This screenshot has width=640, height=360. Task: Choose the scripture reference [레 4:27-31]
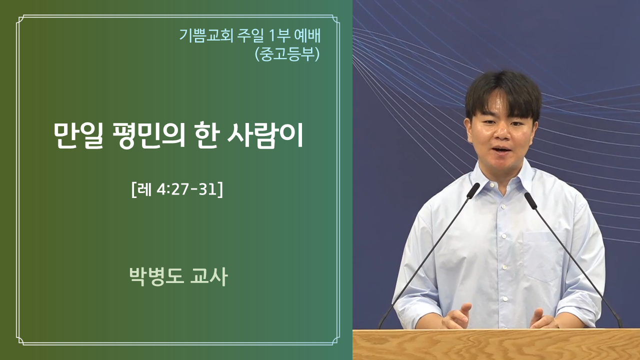pyautogui.click(x=177, y=189)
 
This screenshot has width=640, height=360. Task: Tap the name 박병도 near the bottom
pyautogui.click(x=156, y=276)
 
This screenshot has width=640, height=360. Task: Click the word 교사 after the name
pyautogui.click(x=209, y=276)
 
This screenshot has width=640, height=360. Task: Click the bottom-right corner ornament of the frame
pyautogui.click(x=335, y=340)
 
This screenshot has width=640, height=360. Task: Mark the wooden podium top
pyautogui.click(x=496, y=344)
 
